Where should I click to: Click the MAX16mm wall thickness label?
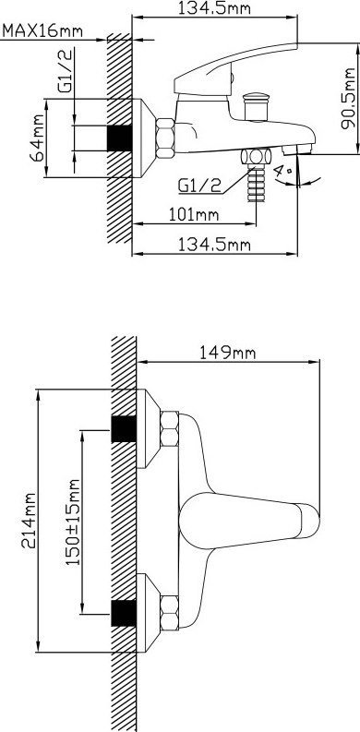(x=42, y=31)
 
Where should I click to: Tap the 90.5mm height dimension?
(x=348, y=99)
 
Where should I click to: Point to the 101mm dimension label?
(x=194, y=215)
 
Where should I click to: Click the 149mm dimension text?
(x=228, y=352)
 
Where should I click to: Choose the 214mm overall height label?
(x=29, y=520)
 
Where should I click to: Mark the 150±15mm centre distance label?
(x=72, y=522)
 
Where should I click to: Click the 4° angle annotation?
(x=282, y=174)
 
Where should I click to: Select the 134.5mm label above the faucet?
(x=215, y=8)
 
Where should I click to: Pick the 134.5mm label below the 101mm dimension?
(x=215, y=245)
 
